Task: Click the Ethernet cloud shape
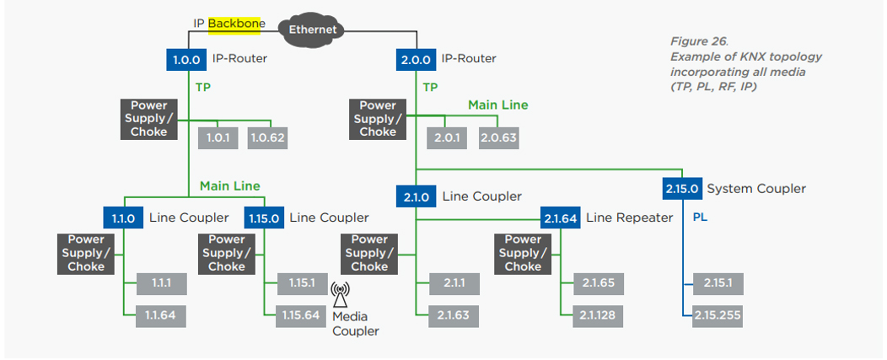coord(313,29)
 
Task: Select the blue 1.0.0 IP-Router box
coord(186,59)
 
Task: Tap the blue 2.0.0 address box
coord(415,59)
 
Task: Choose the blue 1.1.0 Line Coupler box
coord(123,218)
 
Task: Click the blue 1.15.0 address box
coord(264,218)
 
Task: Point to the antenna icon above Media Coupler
coord(340,294)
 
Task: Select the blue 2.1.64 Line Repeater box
coord(561,218)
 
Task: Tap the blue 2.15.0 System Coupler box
coord(681,189)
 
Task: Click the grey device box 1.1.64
coord(160,316)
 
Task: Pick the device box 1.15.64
coord(301,316)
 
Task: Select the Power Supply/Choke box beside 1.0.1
coord(148,119)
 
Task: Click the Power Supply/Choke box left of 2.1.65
coord(523,253)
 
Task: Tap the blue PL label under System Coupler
coord(700,218)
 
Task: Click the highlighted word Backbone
coord(236,23)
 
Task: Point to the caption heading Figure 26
coord(699,41)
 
